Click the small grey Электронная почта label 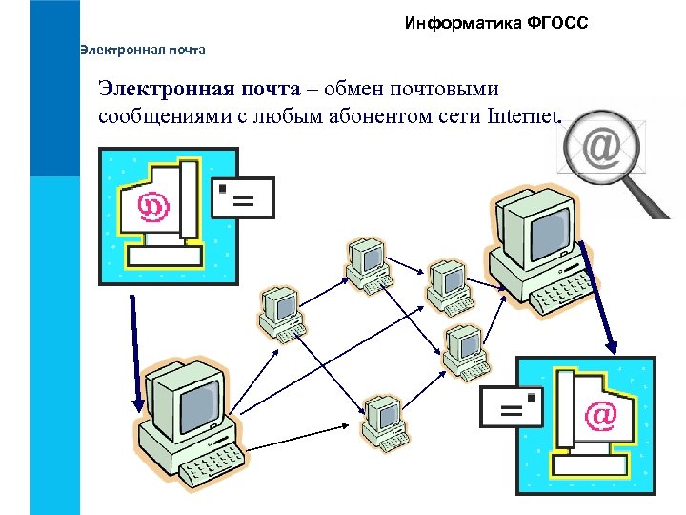coord(143,49)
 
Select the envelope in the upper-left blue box coord(242,197)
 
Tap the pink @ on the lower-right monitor coord(600,415)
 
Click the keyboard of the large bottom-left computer coord(205,468)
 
